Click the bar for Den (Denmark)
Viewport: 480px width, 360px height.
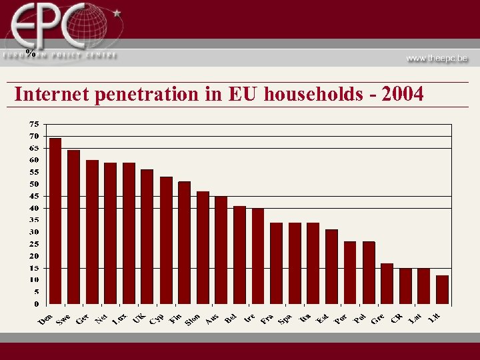55,221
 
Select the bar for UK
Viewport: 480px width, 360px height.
147,237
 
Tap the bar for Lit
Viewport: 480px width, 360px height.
442,289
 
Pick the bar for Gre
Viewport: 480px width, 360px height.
387,283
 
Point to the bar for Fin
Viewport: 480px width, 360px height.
184,243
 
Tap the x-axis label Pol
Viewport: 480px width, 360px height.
359,319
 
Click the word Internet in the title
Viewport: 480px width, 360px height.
52,95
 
